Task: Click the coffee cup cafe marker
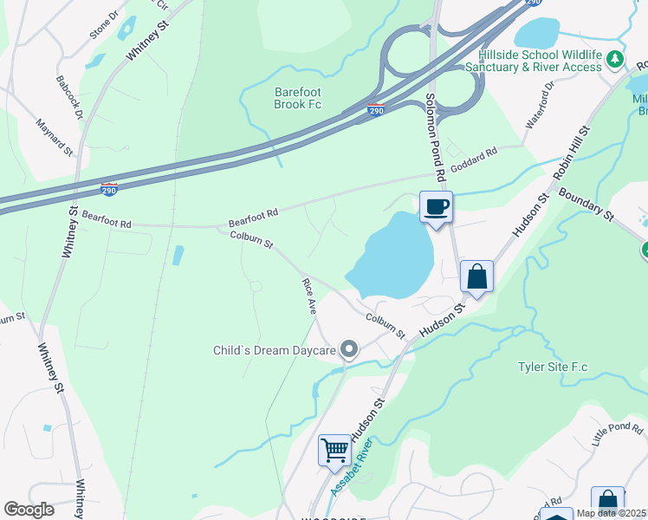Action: pyautogui.click(x=437, y=207)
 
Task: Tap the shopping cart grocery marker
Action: pyautogui.click(x=334, y=451)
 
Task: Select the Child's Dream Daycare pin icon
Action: pyautogui.click(x=349, y=350)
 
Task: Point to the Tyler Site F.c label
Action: pyautogui.click(x=553, y=367)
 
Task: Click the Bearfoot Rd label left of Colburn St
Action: pyautogui.click(x=107, y=223)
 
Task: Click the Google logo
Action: pyautogui.click(x=29, y=510)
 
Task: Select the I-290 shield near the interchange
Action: pyautogui.click(x=375, y=111)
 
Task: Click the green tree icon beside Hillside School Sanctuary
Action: pyautogui.click(x=615, y=59)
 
